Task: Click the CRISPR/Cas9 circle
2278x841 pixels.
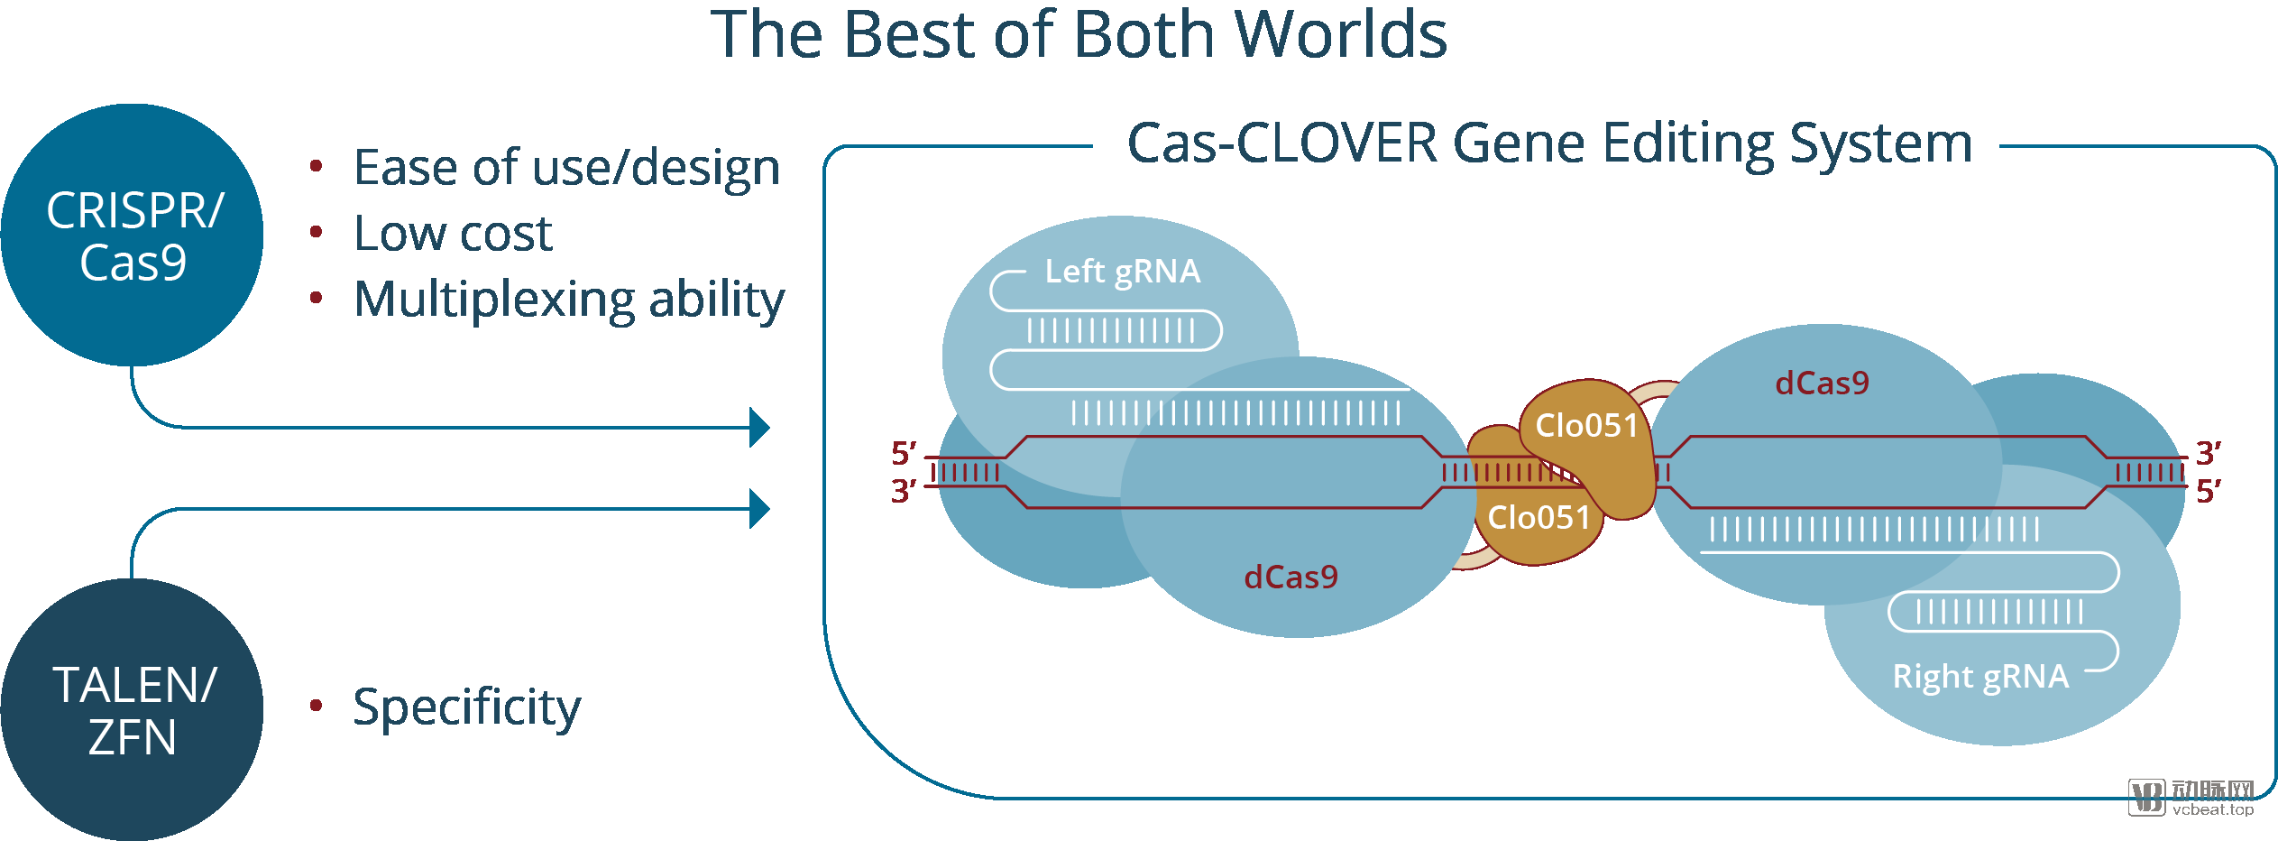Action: (x=133, y=236)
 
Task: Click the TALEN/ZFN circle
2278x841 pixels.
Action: (x=133, y=710)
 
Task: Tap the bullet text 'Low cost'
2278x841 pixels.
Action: (x=453, y=234)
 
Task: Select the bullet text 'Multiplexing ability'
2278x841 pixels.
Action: (x=569, y=299)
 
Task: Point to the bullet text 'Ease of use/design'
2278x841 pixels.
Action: (x=566, y=168)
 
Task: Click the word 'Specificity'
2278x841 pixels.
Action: (x=466, y=707)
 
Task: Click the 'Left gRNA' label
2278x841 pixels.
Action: (x=1122, y=272)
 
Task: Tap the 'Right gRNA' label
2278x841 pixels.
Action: (x=1980, y=677)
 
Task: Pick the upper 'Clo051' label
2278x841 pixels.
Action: (x=1586, y=425)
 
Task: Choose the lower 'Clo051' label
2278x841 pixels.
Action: (x=1539, y=518)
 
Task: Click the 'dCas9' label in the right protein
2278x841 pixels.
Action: (x=1822, y=384)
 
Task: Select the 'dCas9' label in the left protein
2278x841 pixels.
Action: (x=1291, y=578)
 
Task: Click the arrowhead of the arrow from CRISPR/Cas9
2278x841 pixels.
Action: (x=760, y=428)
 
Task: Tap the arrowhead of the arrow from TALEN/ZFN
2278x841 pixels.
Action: (x=760, y=509)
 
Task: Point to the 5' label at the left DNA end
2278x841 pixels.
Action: (x=904, y=452)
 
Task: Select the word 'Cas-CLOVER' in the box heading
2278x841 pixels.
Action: (x=1282, y=143)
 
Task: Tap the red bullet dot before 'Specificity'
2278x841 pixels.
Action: (x=316, y=705)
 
